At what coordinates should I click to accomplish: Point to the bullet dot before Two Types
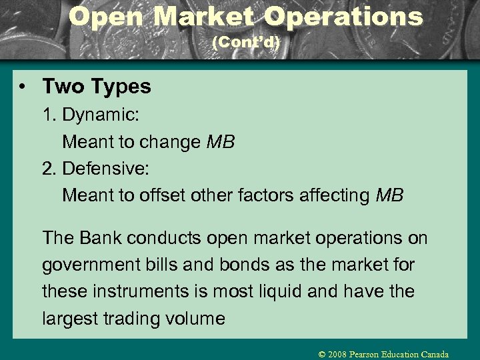tap(24, 87)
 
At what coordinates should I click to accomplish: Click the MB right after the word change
tap(221, 142)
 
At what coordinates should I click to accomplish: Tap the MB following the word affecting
tap(390, 195)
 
